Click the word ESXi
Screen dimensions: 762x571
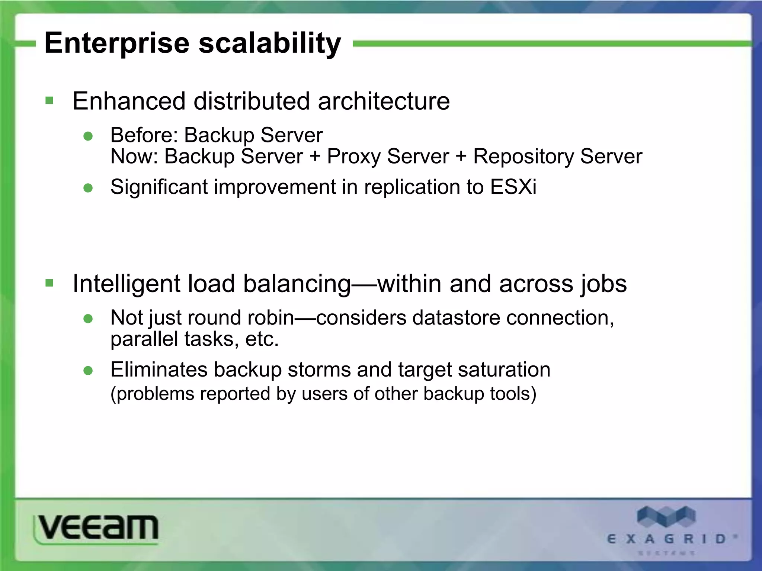(x=513, y=187)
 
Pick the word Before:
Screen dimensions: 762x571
(x=144, y=135)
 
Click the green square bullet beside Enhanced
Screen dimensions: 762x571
(x=49, y=100)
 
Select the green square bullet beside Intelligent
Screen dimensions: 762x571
(x=49, y=283)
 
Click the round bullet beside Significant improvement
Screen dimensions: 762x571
(x=88, y=188)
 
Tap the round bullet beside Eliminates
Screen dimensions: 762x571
(x=88, y=371)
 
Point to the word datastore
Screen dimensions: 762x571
(x=456, y=318)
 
